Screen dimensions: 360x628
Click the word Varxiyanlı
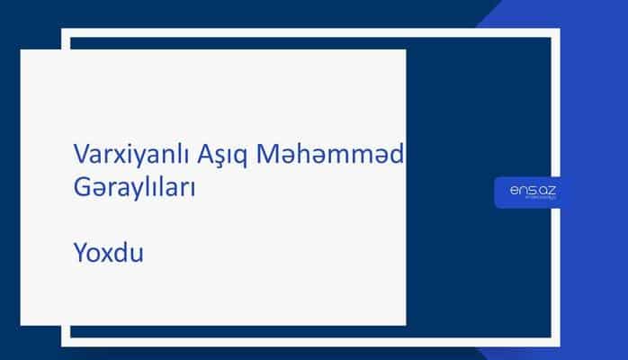click(x=126, y=154)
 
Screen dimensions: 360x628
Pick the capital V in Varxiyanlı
click(x=79, y=154)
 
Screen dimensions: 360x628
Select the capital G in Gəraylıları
click(x=80, y=188)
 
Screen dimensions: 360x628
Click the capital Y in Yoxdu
click(x=78, y=254)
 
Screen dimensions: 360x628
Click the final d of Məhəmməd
click(x=397, y=154)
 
